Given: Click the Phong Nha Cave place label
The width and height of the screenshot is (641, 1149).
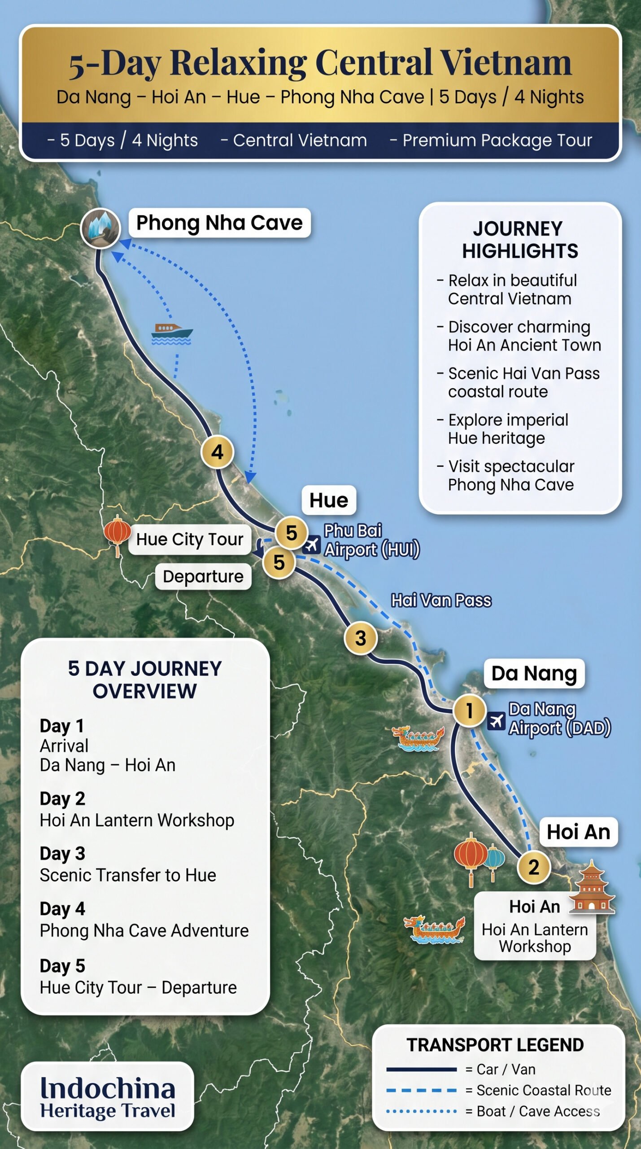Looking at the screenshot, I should (219, 223).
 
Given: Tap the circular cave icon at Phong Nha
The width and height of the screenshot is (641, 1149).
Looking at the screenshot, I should (100, 228).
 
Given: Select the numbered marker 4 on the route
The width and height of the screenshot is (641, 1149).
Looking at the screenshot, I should (217, 452).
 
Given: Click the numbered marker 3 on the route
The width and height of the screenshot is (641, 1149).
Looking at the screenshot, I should (361, 638).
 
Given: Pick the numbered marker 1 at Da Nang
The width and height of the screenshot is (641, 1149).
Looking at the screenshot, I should (469, 710).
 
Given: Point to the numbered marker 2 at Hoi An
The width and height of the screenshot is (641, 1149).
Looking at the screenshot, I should (533, 867).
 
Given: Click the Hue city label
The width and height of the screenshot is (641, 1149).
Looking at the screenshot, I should (329, 500).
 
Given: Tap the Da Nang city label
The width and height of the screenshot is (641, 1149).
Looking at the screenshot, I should (534, 673).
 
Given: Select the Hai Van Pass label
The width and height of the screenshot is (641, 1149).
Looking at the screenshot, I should (441, 600).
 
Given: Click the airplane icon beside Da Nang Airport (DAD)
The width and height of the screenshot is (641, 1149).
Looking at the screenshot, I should (496, 721).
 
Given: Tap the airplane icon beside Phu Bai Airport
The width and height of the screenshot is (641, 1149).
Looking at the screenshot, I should (311, 545).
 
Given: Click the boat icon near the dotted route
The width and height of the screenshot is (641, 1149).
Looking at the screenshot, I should (172, 333).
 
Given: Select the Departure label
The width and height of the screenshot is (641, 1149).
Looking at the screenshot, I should (203, 576).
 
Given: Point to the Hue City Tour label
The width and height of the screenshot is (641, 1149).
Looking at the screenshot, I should (190, 539).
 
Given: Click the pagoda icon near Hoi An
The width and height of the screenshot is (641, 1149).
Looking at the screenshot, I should (592, 887).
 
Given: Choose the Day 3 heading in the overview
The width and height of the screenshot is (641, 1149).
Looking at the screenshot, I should (62, 853).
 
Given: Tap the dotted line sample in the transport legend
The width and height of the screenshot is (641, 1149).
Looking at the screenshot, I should (421, 1111).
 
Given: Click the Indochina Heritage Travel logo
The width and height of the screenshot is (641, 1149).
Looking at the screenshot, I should (108, 1096).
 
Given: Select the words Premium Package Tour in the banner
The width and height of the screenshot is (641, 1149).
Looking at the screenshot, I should (497, 140).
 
